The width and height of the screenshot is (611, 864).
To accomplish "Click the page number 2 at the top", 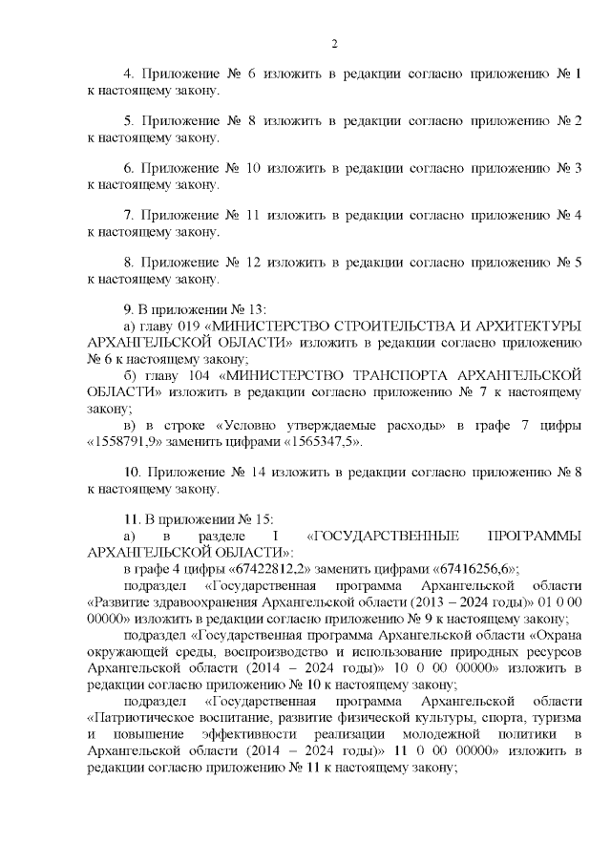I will [x=334, y=43].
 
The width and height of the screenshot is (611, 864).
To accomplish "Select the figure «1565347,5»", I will [x=317, y=443].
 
